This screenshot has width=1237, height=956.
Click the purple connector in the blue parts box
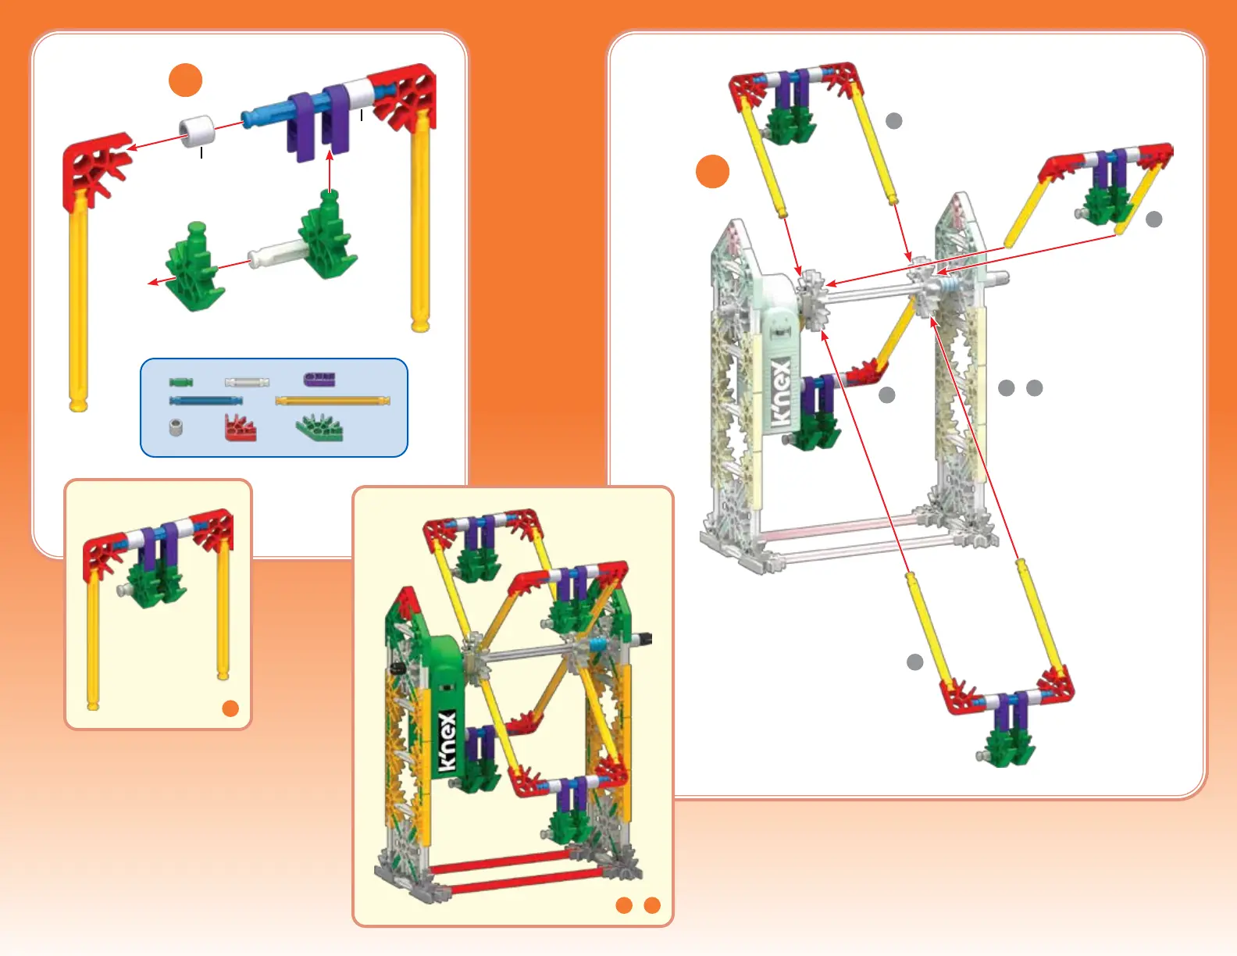(319, 380)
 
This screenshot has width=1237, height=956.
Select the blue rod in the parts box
(205, 401)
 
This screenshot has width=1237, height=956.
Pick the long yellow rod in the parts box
(332, 401)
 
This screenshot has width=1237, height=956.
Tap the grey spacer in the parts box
(176, 427)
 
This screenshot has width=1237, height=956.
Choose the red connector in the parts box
(240, 427)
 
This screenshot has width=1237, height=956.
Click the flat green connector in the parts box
(319, 427)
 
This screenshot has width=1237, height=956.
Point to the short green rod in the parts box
(180, 382)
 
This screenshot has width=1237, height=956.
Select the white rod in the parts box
(247, 382)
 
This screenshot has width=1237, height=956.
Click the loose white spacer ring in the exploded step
(197, 130)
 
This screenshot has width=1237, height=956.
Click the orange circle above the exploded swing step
(186, 80)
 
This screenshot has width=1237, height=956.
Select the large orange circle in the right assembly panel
(712, 171)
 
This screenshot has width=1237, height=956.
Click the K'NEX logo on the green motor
(446, 741)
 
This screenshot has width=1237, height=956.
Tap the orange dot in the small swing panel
(230, 708)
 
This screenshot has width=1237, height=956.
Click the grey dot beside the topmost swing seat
(894, 120)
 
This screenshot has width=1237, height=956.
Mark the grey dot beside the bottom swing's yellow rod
(914, 662)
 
